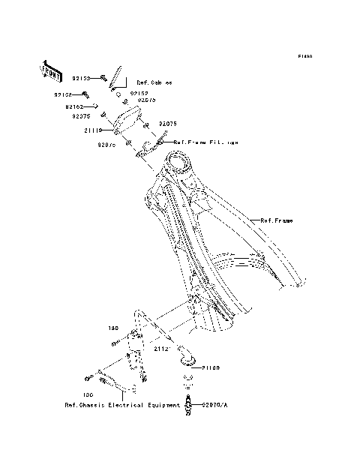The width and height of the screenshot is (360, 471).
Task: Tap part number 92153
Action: pyautogui.click(x=81, y=78)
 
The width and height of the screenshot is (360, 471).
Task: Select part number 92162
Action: pyautogui.click(x=82, y=106)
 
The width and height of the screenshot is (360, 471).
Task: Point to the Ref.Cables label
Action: pyautogui.click(x=154, y=82)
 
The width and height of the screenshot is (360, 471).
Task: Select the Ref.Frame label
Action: pyautogui.click(x=277, y=220)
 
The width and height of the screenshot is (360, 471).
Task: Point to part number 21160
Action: pyautogui.click(x=209, y=368)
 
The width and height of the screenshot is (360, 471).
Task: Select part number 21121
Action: pyautogui.click(x=164, y=349)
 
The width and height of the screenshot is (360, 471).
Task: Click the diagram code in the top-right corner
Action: pyautogui.click(x=304, y=56)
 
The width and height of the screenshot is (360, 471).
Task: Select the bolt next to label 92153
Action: pyautogui.click(x=102, y=78)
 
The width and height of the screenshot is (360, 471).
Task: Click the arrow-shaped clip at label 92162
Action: pyautogui.click(x=97, y=106)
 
